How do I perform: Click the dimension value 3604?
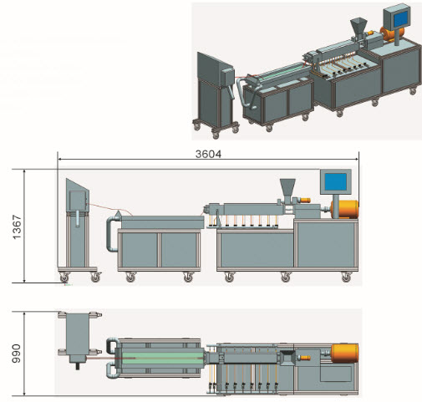point(208,154)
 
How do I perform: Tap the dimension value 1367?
point(17,226)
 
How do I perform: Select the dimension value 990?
point(17,354)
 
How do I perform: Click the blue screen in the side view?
point(336,182)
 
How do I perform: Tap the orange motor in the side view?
point(344,209)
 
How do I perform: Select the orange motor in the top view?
point(344,354)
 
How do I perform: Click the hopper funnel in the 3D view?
point(358,27)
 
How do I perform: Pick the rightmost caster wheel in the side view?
point(346,277)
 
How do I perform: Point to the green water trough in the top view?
point(160,358)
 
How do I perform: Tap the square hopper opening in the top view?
point(287,358)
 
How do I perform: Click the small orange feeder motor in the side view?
point(305,200)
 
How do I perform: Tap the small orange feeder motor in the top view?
point(304,358)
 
